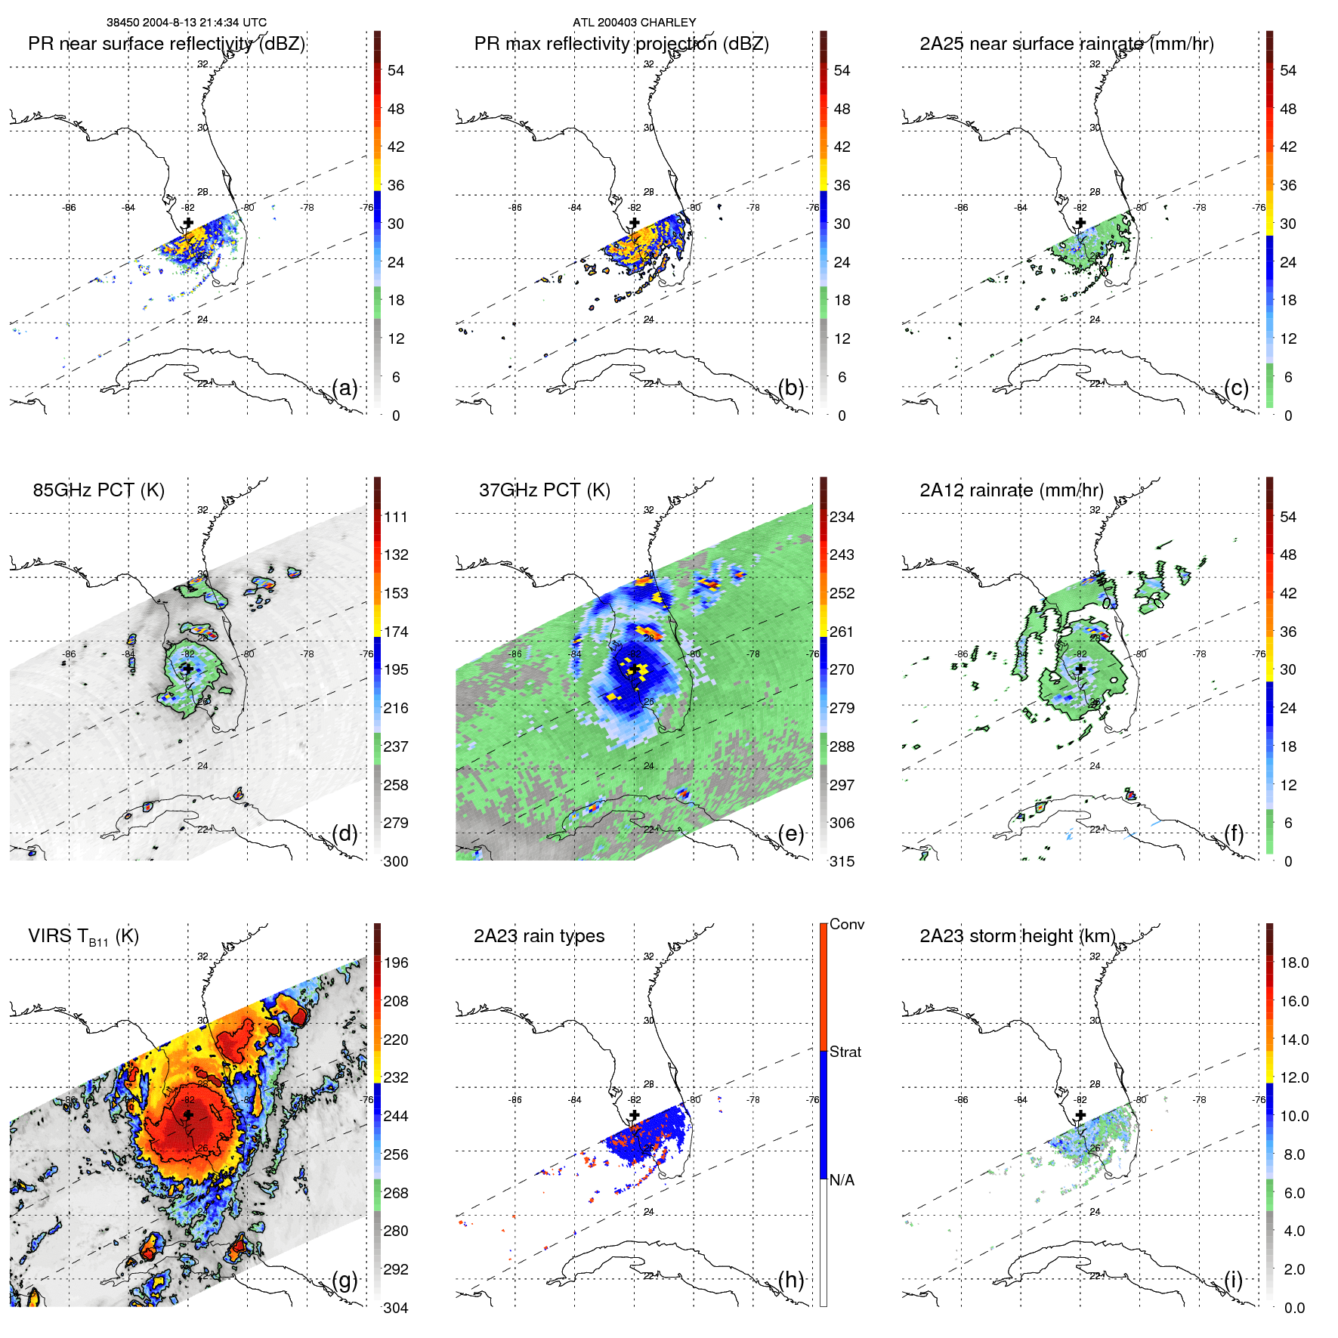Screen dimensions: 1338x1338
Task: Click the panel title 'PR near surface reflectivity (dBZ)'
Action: (166, 44)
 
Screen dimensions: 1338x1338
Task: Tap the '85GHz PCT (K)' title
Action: (98, 490)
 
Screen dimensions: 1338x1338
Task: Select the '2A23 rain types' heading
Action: (539, 936)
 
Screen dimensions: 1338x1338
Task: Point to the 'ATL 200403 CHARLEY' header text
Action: (634, 23)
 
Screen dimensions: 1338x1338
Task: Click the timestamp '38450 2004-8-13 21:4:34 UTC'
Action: (186, 23)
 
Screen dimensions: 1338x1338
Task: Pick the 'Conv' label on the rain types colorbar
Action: (846, 924)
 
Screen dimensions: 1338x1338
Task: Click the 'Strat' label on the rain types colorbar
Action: (845, 1052)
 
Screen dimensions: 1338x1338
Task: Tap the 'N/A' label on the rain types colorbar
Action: (842, 1180)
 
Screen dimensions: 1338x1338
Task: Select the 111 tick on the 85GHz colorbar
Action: (396, 517)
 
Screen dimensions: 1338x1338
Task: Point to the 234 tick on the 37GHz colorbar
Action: (842, 517)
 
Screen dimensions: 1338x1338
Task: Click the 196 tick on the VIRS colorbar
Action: (396, 963)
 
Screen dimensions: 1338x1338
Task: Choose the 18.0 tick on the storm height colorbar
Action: (1294, 963)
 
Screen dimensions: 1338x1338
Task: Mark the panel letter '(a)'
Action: (345, 388)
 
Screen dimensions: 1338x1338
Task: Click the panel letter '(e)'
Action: (791, 833)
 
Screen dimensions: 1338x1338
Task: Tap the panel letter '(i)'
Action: (1233, 1280)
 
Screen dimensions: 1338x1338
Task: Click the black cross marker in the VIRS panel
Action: (188, 1115)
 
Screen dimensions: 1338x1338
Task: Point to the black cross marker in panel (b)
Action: (635, 223)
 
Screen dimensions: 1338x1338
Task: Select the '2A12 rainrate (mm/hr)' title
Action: (1011, 490)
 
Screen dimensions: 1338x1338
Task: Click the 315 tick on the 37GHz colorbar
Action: (842, 861)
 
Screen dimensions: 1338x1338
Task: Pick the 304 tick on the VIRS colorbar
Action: (396, 1308)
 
